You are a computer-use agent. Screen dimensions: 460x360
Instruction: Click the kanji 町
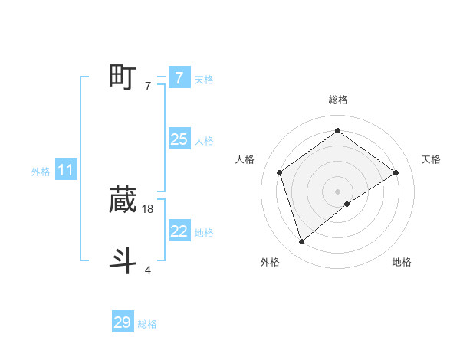[123, 77]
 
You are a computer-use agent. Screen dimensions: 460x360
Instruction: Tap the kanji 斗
[123, 260]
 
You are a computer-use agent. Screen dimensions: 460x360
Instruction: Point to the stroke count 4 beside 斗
[148, 270]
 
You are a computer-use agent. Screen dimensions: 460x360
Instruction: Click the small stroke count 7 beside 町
[148, 87]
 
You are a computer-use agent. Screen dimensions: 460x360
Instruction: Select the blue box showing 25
[179, 139]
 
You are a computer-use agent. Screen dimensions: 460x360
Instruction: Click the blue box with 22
[179, 231]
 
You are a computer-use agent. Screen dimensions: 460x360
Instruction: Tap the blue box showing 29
[122, 322]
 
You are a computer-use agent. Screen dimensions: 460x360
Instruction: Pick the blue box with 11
[65, 170]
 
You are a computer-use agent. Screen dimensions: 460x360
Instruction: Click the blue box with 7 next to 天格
[179, 78]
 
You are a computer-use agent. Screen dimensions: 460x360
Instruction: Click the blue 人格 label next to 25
[204, 141]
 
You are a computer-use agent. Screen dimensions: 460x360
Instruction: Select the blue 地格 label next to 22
[204, 233]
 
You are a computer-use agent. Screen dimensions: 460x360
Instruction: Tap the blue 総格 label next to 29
[147, 324]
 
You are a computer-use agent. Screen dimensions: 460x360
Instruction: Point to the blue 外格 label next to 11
[41, 172]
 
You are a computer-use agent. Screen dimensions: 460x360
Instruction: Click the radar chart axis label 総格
[337, 100]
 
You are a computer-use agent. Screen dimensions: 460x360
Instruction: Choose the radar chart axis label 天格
[432, 159]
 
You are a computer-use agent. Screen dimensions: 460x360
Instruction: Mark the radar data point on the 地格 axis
[347, 204]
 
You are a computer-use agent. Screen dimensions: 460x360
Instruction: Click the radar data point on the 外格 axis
[302, 242]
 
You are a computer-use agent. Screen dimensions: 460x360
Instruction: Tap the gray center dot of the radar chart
[337, 191]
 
